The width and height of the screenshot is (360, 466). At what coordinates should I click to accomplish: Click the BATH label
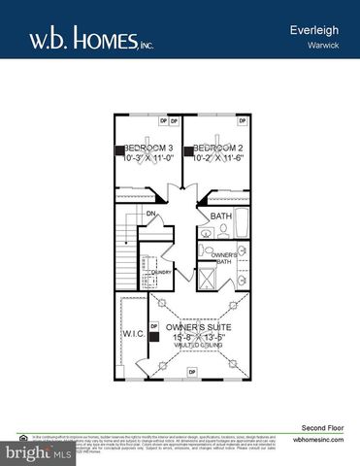(x=221, y=216)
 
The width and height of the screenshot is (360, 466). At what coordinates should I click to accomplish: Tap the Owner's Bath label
(x=224, y=257)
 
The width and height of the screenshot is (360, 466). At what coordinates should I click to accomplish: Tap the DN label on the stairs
(x=150, y=214)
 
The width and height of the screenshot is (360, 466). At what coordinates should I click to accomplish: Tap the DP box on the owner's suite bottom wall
(x=191, y=373)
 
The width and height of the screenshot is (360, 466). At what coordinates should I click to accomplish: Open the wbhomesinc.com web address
(x=316, y=439)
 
